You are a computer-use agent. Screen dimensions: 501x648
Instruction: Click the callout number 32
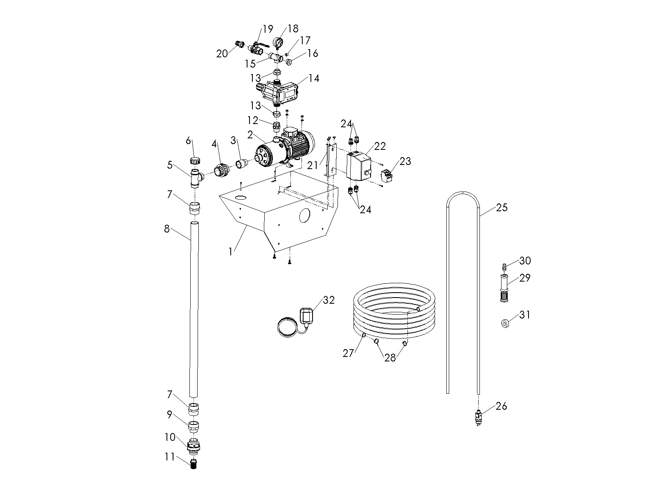pyautogui.click(x=328, y=300)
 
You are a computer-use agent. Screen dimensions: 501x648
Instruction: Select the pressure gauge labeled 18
pyautogui.click(x=278, y=43)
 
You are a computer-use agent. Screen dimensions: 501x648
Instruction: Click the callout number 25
pyautogui.click(x=502, y=208)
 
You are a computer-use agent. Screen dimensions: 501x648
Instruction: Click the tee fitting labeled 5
pyautogui.click(x=195, y=177)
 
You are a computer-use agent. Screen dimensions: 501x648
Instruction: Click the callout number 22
pyautogui.click(x=380, y=146)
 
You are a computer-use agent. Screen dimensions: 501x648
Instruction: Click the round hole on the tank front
pyautogui.click(x=305, y=216)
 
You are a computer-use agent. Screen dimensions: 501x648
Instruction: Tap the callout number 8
pyautogui.click(x=166, y=228)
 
